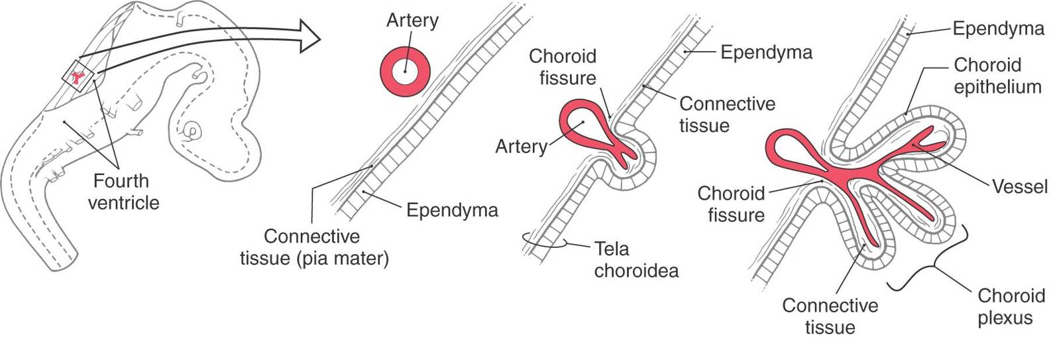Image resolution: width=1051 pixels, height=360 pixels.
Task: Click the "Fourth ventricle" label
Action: [123, 192]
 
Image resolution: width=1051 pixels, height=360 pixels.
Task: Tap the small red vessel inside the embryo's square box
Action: [79, 76]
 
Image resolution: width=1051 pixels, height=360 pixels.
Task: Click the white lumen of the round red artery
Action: [404, 71]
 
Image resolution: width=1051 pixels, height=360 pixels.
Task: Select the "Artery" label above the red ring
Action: [412, 21]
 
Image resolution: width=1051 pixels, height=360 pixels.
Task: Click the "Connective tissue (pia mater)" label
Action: [314, 247]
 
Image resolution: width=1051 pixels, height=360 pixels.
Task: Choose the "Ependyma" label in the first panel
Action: [452, 210]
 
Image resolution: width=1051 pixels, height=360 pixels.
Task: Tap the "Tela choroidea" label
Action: [636, 259]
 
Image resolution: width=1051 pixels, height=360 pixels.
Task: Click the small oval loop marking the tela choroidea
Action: [544, 239]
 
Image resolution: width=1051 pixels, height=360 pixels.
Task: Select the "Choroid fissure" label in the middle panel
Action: [563, 67]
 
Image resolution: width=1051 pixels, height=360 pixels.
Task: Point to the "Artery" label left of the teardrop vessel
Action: [522, 146]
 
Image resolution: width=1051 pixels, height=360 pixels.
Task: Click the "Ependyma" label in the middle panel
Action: [766, 52]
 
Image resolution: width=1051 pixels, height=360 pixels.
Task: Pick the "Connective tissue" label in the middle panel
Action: [727, 114]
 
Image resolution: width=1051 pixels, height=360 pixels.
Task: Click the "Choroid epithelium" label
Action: [997, 76]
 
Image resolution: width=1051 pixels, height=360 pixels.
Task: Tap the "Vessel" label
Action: [1020, 187]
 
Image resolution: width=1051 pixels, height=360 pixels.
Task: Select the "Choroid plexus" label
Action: [1011, 306]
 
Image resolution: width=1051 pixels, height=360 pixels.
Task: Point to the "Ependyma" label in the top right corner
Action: [998, 29]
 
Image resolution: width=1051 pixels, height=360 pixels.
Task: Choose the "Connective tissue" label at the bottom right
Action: [830, 316]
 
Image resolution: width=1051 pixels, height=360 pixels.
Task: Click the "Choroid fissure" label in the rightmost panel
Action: [731, 204]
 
